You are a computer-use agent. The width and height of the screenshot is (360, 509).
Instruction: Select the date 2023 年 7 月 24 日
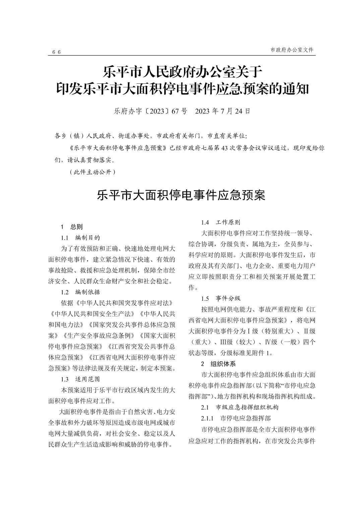click(223, 111)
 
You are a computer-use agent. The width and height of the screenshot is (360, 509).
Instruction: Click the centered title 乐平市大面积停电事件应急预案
click(181, 195)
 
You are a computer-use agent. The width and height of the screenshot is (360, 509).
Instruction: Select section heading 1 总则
click(72, 227)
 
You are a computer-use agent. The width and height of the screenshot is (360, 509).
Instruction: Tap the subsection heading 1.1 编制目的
click(80, 238)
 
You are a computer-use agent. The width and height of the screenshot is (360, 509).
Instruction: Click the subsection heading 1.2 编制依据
click(80, 292)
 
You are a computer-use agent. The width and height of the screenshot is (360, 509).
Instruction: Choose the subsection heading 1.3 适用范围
click(80, 379)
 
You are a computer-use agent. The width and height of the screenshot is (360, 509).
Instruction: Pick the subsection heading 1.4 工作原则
click(221, 222)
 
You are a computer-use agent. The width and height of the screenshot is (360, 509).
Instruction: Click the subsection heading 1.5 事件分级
click(221, 298)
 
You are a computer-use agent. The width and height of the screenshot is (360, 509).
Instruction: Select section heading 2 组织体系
click(218, 364)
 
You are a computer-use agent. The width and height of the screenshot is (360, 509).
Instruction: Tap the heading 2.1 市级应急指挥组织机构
click(240, 407)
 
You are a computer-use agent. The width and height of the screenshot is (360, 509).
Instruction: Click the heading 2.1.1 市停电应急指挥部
click(236, 418)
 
